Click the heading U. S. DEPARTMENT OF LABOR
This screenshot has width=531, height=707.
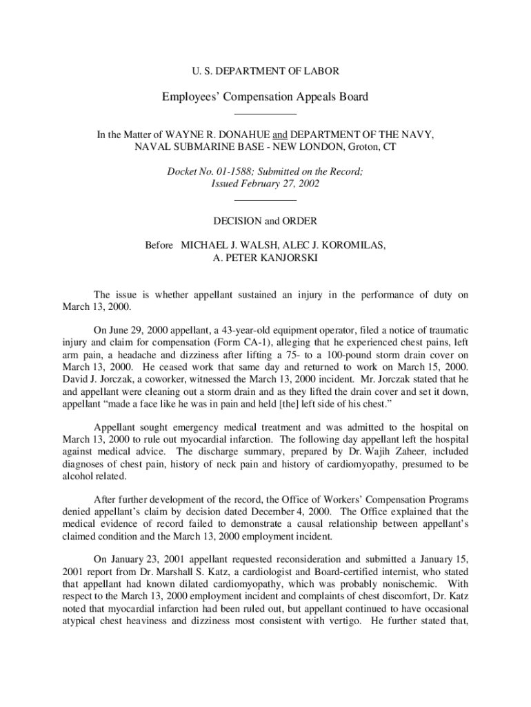coord(265,70)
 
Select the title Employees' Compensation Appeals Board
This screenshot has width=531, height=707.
coord(265,97)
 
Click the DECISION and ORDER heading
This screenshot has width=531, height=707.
coord(265,221)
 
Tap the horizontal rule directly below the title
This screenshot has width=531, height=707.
coord(265,113)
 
